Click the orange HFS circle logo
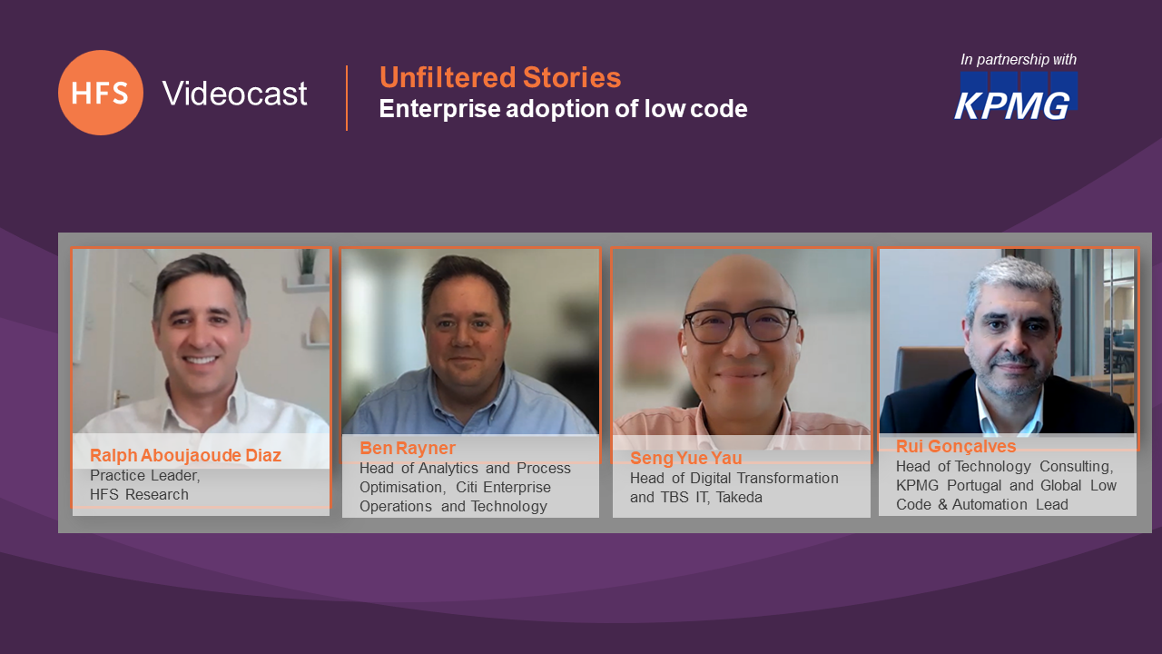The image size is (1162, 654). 101,93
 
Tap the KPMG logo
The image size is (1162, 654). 1016,96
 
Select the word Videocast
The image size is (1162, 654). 234,94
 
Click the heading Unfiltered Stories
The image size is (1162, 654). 500,77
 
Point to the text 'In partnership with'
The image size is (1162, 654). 1019,60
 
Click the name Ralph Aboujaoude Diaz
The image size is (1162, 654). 185,455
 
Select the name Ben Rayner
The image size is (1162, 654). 408,448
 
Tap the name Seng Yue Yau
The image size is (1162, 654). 685,458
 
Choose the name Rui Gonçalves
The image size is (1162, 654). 956,446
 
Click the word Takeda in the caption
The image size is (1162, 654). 739,497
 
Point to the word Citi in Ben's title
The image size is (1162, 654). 467,488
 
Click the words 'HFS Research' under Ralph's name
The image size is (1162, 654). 139,495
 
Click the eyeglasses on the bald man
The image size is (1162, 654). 741,325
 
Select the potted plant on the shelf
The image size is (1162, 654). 307,267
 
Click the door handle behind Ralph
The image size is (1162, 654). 122,397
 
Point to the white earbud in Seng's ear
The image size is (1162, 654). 684,351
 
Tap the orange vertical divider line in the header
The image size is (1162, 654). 347,97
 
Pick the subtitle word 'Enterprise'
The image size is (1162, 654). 440,109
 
